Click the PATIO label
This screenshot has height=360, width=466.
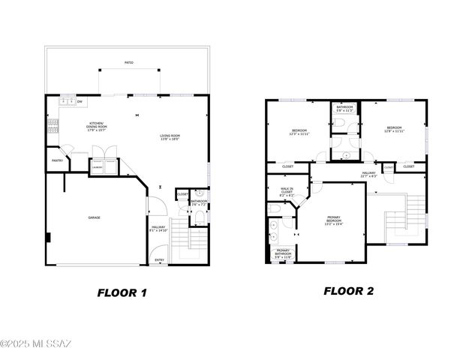pyautogui.click(x=130, y=63)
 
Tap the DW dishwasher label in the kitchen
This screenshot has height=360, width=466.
pyautogui.click(x=80, y=101)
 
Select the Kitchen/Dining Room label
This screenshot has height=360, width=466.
pyautogui.click(x=97, y=125)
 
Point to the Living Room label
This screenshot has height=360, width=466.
pyautogui.click(x=170, y=137)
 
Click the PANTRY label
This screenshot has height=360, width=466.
pyautogui.click(x=57, y=160)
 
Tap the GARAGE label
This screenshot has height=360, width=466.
pyautogui.click(x=95, y=217)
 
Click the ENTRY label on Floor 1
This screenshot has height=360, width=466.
pyautogui.click(x=159, y=259)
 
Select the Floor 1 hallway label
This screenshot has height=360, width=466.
pyautogui.click(x=158, y=229)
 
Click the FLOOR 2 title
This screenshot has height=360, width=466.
pyautogui.click(x=348, y=291)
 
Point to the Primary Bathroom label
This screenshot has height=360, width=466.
pyautogui.click(x=283, y=253)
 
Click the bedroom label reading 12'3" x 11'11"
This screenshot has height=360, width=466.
pyautogui.click(x=299, y=133)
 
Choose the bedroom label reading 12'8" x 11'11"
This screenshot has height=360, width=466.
pyautogui.click(x=395, y=130)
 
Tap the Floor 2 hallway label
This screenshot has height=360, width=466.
pyautogui.click(x=369, y=175)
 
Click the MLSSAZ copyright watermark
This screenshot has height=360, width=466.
pyautogui.click(x=36, y=344)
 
